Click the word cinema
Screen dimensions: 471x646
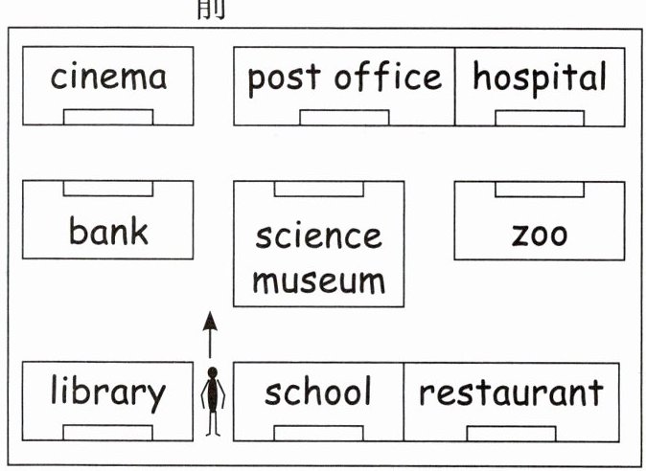pos(108,77)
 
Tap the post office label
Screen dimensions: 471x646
pos(344,78)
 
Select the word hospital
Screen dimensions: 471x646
pos(539,78)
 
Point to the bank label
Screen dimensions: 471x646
pos(108,231)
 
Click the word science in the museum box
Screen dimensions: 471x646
pos(318,235)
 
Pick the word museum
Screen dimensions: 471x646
pos(318,280)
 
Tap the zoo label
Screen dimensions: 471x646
pos(539,233)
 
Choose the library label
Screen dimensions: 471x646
pos(107,392)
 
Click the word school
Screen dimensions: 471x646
pos(318,392)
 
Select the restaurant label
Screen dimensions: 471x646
pos(511,392)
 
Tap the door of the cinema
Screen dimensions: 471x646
pos(108,117)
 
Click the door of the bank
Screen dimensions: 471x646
pos(108,189)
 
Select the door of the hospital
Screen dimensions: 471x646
pos(539,118)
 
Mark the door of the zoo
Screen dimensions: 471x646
pos(539,189)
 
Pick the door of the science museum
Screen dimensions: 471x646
pos(318,189)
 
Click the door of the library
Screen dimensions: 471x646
pos(107,433)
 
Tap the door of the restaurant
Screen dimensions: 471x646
pos(511,433)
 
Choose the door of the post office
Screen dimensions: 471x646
pos(344,118)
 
